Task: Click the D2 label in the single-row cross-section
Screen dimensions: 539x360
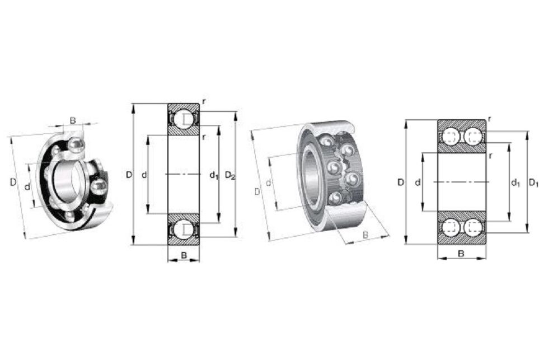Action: (x=230, y=176)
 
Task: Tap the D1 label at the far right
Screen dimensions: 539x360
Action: (x=533, y=183)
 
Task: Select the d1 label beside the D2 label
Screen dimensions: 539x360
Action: (x=214, y=176)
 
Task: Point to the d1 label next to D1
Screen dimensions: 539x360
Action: (x=515, y=183)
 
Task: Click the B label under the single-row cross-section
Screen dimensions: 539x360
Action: (x=184, y=255)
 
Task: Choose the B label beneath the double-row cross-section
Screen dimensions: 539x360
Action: (x=461, y=254)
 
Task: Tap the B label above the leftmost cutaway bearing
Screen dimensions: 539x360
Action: (x=73, y=120)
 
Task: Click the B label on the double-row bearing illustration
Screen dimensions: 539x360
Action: (x=365, y=235)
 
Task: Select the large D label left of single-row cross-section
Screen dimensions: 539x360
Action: (x=129, y=175)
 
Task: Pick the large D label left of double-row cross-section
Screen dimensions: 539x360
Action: (x=400, y=182)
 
